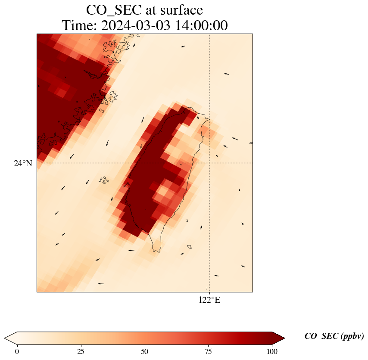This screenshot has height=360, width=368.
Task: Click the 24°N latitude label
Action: [23, 163]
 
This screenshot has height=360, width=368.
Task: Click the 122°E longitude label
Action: [209, 300]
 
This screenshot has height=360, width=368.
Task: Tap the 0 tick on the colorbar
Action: [17, 351]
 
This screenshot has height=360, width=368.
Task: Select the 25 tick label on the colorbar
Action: [81, 351]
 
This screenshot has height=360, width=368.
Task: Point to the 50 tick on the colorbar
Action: [145, 351]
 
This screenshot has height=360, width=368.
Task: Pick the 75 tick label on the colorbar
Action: [209, 351]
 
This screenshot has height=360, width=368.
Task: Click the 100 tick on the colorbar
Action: [272, 351]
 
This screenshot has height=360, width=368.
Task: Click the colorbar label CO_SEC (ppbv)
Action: [334, 336]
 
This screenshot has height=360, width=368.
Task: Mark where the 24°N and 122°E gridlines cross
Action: [209, 163]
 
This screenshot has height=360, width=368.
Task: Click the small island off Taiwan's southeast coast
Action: [190, 247]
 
